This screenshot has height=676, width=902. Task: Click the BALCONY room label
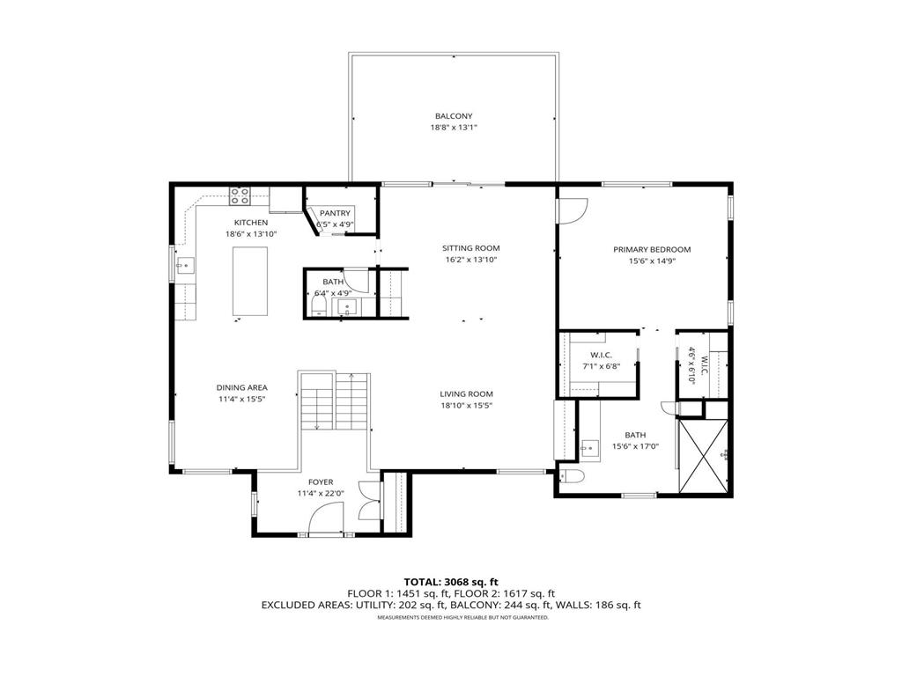[x=454, y=116]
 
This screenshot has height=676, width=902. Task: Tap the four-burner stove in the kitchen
[x=240, y=195]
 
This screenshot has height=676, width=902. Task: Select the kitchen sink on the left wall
[x=184, y=264]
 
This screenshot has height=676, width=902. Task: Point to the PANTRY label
[x=335, y=213]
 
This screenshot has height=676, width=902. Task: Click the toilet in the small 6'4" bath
[x=319, y=306]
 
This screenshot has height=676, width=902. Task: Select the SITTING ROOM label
[x=470, y=248]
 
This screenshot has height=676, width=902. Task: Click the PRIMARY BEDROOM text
[x=652, y=250]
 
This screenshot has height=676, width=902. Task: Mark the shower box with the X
[x=702, y=455]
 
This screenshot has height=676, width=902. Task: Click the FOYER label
[x=321, y=481]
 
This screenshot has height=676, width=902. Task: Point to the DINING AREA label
[x=242, y=387]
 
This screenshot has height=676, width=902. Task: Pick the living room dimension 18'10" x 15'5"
[x=467, y=406]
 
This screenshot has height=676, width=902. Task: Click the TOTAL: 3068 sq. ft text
[x=451, y=581]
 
